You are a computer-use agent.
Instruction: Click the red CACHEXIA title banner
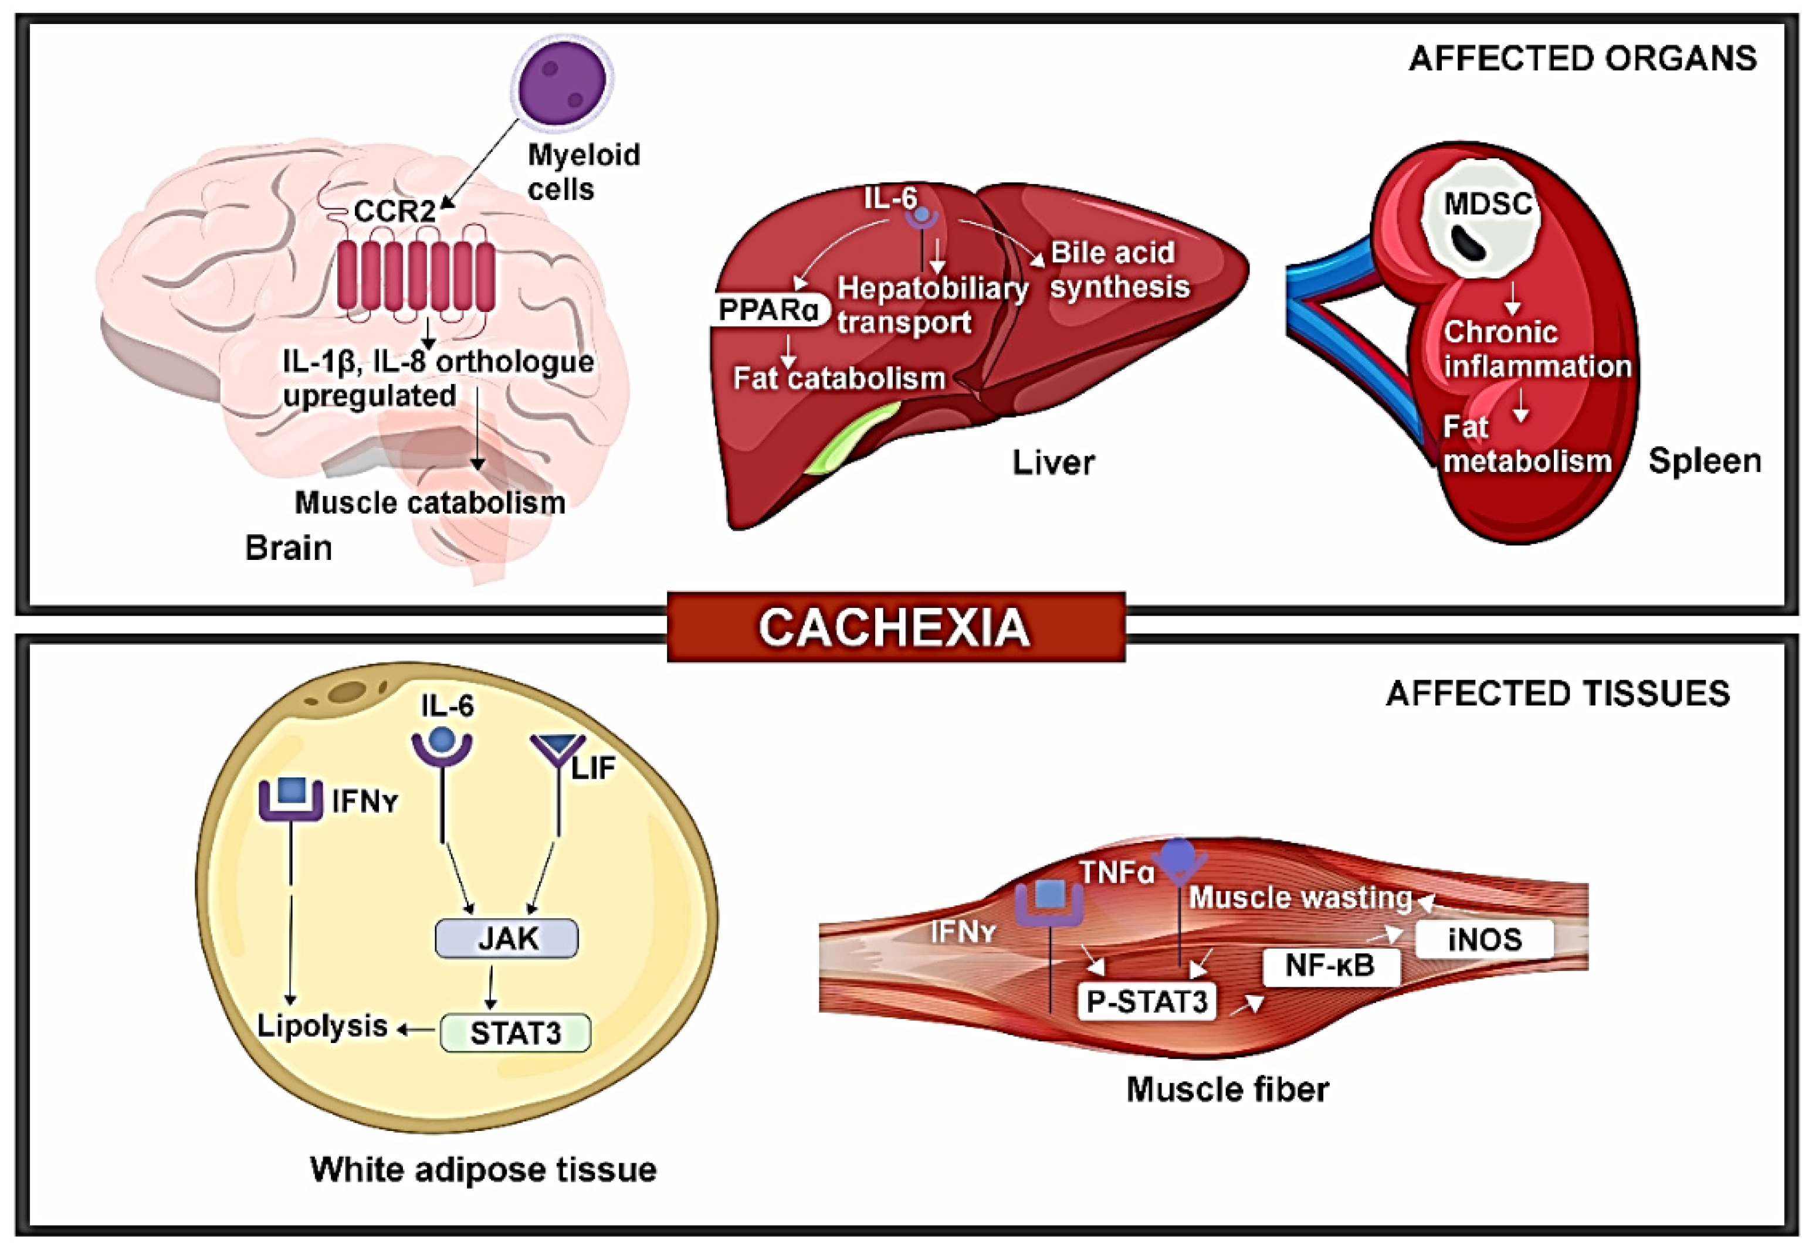click(896, 627)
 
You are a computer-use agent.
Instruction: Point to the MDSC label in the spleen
click(1487, 205)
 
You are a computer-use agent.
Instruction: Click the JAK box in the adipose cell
click(507, 938)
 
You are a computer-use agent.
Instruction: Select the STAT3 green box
click(516, 1033)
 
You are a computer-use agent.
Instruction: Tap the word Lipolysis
click(322, 1027)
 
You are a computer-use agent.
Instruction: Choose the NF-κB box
click(1330, 966)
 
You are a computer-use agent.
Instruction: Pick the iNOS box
click(1485, 938)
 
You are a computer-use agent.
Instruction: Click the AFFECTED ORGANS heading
click(1583, 59)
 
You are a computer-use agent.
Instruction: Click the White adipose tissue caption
click(483, 1169)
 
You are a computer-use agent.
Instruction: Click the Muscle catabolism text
click(430, 503)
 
